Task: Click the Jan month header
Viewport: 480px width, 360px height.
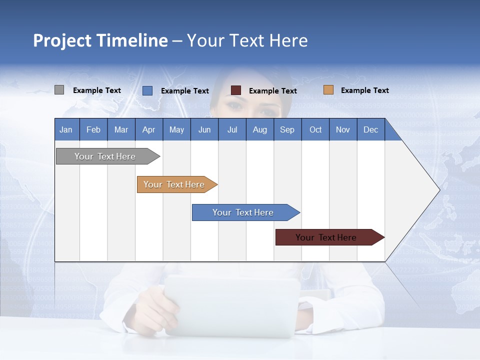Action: click(66, 129)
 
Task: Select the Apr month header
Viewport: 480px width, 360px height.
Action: click(148, 129)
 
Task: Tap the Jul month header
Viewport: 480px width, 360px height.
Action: click(232, 129)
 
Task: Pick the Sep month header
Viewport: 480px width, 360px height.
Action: click(287, 129)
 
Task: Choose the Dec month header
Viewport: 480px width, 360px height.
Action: click(370, 129)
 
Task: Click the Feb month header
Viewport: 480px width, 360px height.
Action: click(93, 129)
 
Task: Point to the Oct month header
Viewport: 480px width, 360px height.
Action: click(315, 129)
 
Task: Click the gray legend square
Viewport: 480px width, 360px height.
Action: click(59, 90)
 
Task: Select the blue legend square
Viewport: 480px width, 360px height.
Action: click(147, 90)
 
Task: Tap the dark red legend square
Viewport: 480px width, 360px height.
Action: click(236, 90)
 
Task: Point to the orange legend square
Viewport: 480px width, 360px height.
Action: click(328, 90)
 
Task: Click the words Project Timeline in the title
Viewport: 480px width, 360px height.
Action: click(100, 40)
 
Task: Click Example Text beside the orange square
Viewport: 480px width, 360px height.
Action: click(364, 90)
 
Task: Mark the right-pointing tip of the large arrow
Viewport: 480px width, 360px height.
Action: click(438, 190)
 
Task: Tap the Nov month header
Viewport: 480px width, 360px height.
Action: click(343, 129)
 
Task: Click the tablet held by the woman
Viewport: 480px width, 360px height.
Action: click(232, 305)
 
